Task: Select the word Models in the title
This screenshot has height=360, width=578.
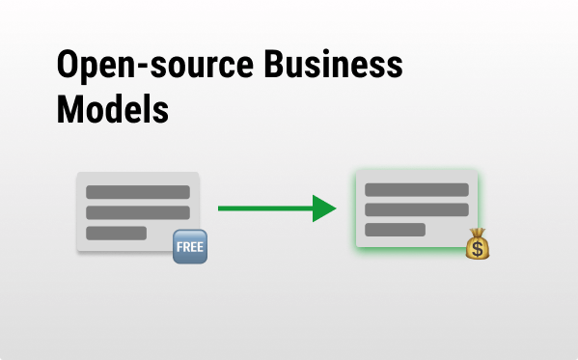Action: tap(112, 110)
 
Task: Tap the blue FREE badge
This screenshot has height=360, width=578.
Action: tap(189, 247)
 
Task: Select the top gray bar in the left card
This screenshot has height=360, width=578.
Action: tap(138, 192)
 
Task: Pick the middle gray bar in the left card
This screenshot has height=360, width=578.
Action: tap(138, 212)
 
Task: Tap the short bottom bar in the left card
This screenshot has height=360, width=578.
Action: tap(116, 233)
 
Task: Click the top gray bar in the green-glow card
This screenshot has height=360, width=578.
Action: tap(416, 189)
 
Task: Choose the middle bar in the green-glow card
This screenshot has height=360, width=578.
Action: tap(416, 209)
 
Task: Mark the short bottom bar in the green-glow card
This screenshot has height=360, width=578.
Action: tap(395, 230)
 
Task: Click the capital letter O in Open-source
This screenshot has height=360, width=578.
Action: tap(69, 68)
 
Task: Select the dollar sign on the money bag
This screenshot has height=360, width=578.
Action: tap(479, 249)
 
